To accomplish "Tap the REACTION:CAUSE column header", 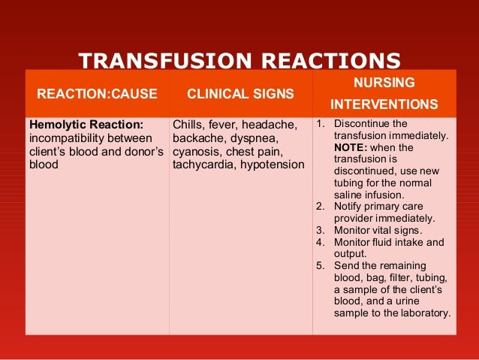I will tap(97, 95).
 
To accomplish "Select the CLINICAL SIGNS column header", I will tap(240, 95).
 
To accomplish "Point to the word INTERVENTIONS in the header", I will tap(384, 103).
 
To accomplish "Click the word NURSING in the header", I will tap(384, 80).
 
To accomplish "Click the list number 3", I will tap(319, 230).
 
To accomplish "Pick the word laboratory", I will tap(423, 314).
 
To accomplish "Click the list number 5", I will tap(319, 266).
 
